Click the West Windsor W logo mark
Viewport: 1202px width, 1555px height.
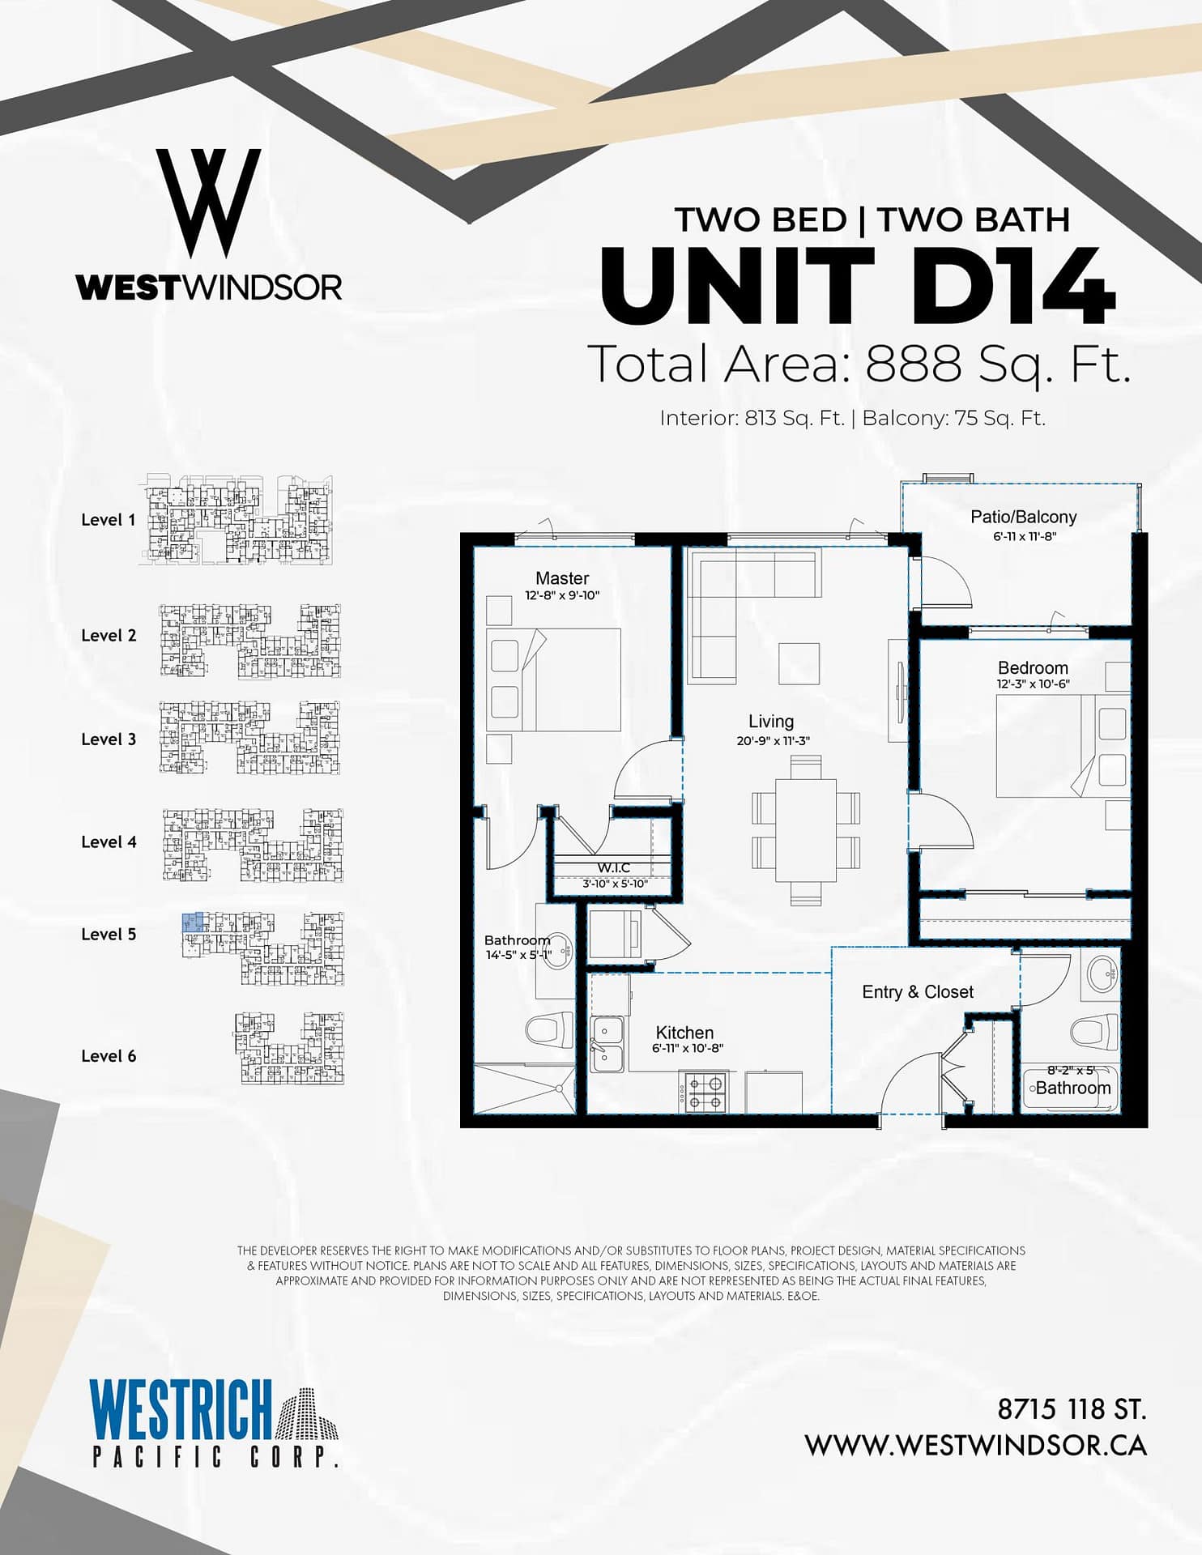click(x=208, y=203)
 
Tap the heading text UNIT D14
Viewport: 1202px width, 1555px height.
click(x=858, y=286)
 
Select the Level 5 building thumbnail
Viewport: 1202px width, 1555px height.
click(x=262, y=948)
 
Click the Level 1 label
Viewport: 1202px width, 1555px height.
click(x=109, y=520)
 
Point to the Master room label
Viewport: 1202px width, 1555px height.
click(x=562, y=578)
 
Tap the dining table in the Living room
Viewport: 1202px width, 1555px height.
click(x=806, y=829)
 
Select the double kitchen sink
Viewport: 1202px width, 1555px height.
click(x=607, y=1044)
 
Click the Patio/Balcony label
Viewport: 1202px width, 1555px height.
click(x=1024, y=517)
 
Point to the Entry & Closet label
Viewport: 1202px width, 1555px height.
click(x=918, y=992)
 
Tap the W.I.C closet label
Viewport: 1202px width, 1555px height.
click(x=614, y=868)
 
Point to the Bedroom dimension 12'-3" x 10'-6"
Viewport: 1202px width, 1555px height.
click(x=1033, y=684)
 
